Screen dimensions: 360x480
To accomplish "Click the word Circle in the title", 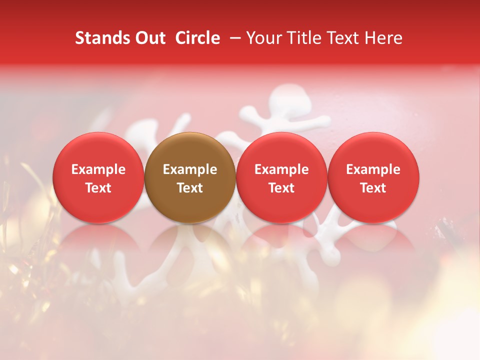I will pos(197,38).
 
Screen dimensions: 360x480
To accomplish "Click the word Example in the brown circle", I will pos(190,169).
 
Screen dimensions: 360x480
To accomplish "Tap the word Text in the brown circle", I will pos(190,188).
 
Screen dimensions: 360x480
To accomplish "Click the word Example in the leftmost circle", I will pos(98,169).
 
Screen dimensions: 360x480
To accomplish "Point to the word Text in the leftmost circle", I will pos(98,188).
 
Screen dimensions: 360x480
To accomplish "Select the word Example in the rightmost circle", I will pos(373,169).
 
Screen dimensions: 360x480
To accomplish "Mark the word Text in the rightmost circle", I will pos(373,188).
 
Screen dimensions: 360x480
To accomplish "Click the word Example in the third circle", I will pos(281,169).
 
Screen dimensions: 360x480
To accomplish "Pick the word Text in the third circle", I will pos(281,188).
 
